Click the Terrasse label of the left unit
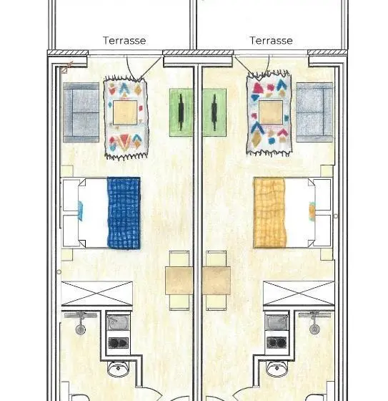click(x=124, y=40)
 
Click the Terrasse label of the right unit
click(x=271, y=40)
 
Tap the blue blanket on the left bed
click(x=124, y=213)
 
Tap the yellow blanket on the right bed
click(x=270, y=213)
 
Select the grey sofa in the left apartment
click(x=81, y=112)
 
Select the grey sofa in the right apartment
click(x=314, y=112)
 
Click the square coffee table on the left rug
click(x=125, y=112)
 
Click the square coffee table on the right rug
click(x=271, y=112)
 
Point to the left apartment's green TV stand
click(x=181, y=112)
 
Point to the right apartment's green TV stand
click(x=214, y=112)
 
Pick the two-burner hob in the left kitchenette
click(x=118, y=343)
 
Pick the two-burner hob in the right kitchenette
click(x=277, y=343)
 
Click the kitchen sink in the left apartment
click(x=118, y=322)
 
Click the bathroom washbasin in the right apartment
click(x=277, y=368)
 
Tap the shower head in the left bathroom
click(x=81, y=329)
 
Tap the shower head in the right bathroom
click(x=314, y=329)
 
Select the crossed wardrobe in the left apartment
click(x=97, y=294)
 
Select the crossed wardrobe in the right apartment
click(x=299, y=293)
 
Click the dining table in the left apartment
click(x=179, y=281)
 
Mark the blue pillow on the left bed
click(x=80, y=211)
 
